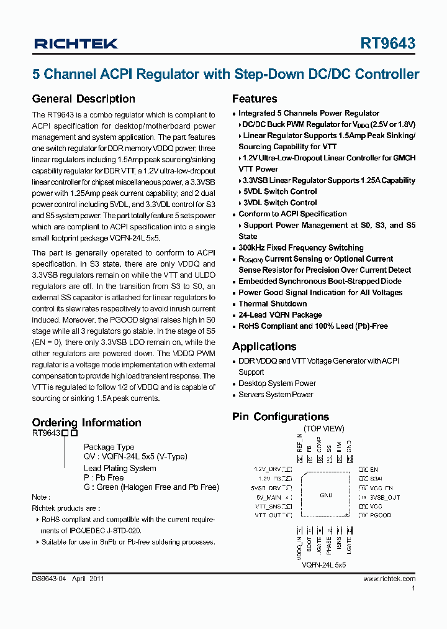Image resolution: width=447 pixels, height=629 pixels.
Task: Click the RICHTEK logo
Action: pos(76,44)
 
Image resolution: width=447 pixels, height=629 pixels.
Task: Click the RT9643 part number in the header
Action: pos(388,44)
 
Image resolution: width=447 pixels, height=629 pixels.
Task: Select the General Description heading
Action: pos(83,99)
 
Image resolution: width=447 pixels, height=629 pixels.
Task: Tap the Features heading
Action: pos(255,99)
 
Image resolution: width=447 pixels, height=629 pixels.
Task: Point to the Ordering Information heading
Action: pos(87,423)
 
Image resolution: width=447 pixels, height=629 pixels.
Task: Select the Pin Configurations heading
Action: pos(281,416)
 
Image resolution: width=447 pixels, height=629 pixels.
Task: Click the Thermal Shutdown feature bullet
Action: pos(273,304)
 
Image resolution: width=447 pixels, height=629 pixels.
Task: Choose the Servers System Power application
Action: pos(276,395)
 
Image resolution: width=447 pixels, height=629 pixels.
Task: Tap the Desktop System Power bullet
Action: pos(277,383)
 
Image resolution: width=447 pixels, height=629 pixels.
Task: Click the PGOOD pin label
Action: pos(381,515)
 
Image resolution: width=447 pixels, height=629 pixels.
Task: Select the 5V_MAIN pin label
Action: pos(268,498)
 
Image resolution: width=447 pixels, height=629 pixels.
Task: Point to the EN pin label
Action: pos(374,470)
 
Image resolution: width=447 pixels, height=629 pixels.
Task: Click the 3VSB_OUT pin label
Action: pos(385,498)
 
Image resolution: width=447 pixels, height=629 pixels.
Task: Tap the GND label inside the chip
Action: pos(326,495)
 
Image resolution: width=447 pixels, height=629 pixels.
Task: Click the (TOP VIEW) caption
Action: pos(324,429)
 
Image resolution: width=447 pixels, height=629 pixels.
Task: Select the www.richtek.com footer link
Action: pos(389,579)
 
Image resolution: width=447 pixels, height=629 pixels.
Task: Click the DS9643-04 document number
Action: pos(48,579)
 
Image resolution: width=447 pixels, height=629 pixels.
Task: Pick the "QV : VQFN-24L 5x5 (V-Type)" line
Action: pos(135,457)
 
